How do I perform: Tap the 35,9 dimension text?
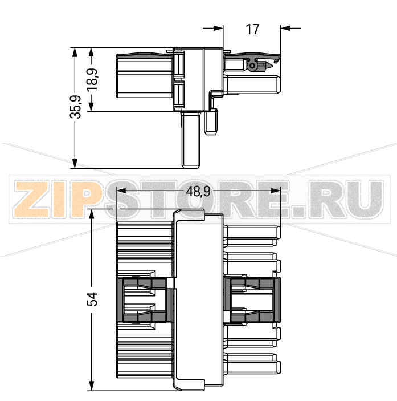75,107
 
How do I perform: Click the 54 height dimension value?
92,299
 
